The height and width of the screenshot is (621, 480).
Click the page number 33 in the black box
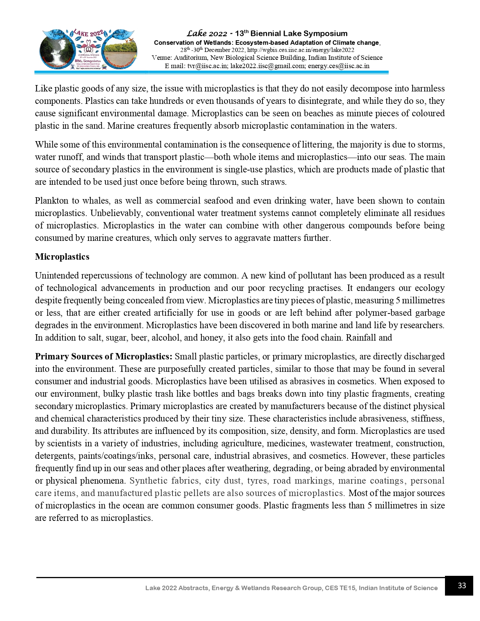462,586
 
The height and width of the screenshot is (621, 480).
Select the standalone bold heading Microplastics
62,257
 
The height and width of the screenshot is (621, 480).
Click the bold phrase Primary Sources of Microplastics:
104,356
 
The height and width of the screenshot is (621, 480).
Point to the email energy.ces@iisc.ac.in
338,66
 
